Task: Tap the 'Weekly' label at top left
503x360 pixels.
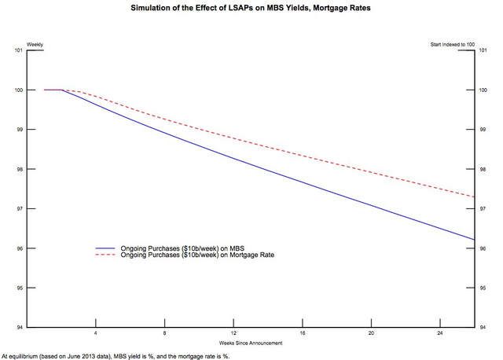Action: [35, 44]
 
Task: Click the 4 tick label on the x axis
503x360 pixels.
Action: [95, 334]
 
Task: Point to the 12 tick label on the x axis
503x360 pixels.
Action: [233, 334]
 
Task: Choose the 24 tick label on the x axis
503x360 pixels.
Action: [440, 334]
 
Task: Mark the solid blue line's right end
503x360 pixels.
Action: [474, 240]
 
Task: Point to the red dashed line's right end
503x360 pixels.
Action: [474, 197]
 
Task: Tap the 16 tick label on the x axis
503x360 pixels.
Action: [303, 334]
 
